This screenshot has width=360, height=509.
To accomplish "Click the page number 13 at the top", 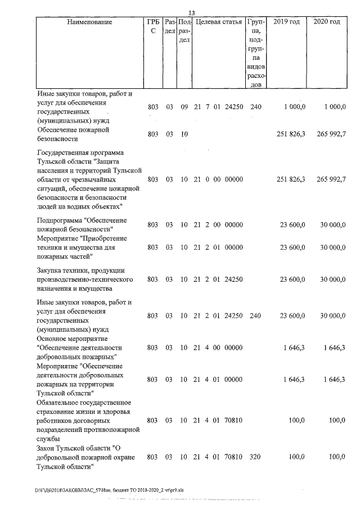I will (191, 13).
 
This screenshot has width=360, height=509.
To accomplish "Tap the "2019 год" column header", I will (286, 22).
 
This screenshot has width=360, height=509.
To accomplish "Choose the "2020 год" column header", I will (327, 22).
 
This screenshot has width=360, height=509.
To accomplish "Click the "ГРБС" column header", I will (152, 26).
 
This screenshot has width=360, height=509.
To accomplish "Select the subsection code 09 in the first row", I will (184, 107).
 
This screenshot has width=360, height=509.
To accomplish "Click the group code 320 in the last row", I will (256, 457).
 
